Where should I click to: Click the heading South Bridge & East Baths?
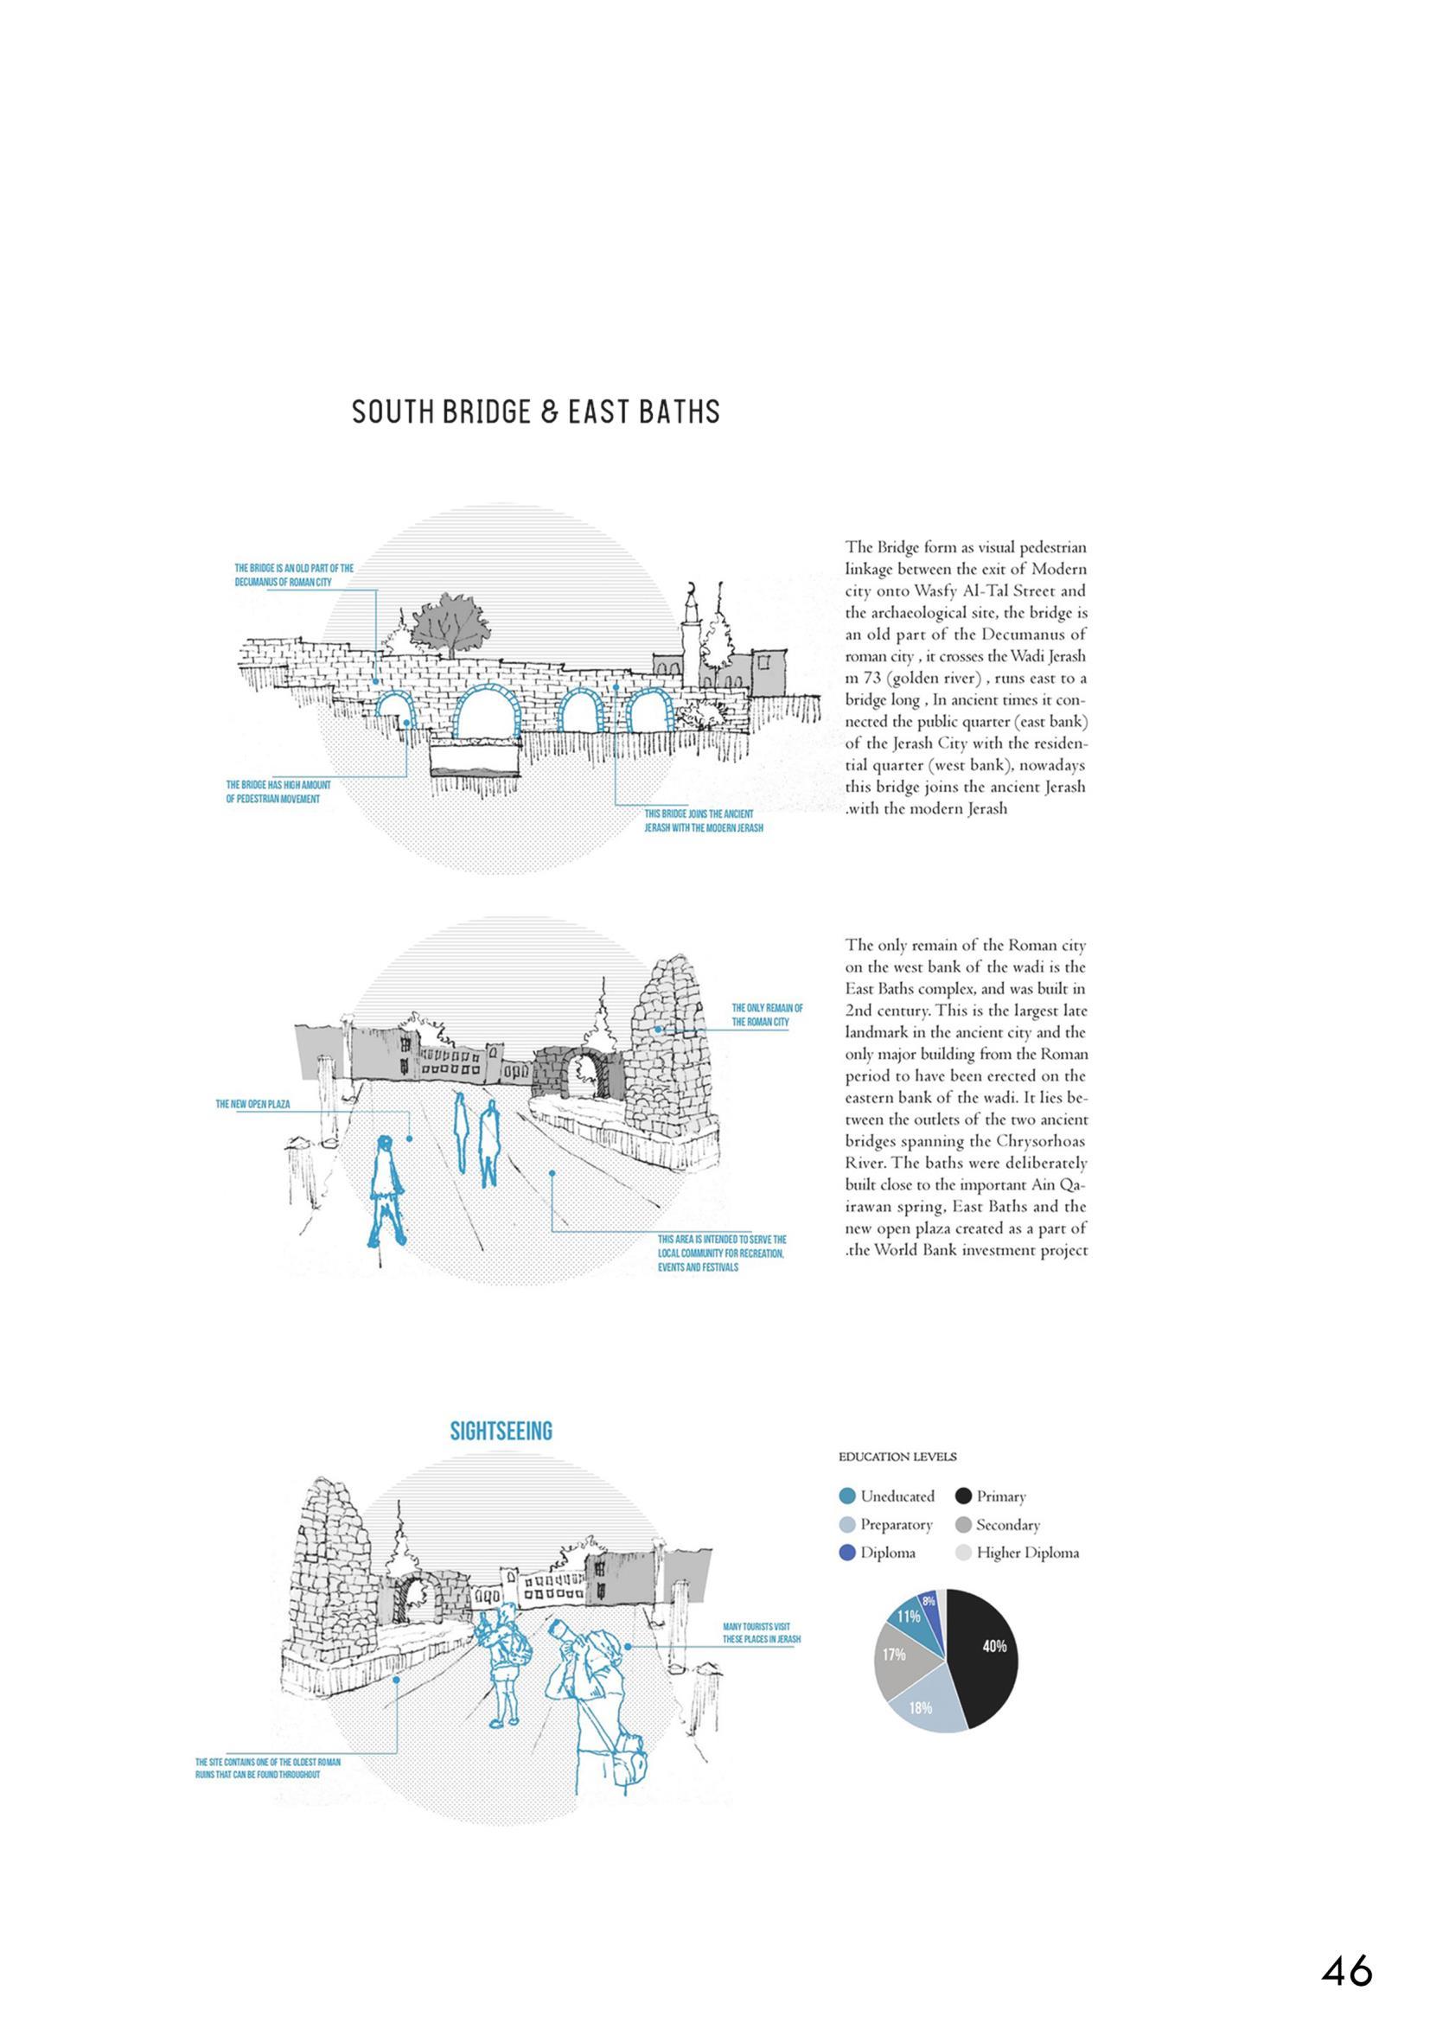535,412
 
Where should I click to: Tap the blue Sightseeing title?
501,1431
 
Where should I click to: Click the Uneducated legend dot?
848,1496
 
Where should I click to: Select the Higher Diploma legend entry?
1027,1553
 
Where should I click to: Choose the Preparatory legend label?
896,1524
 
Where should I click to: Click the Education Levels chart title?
897,1457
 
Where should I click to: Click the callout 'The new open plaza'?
252,1104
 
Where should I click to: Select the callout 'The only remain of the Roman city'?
767,1015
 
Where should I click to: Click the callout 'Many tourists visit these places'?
762,1633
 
